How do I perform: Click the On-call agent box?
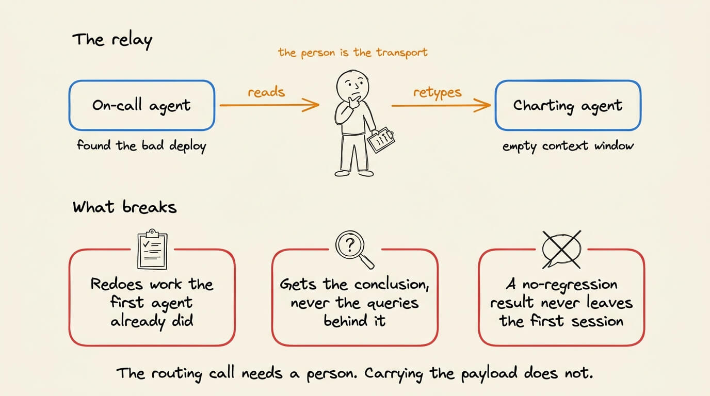(x=142, y=105)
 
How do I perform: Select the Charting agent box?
(x=568, y=105)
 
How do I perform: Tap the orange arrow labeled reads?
(x=269, y=105)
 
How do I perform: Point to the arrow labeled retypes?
(x=441, y=105)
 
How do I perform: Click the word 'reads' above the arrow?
(x=266, y=92)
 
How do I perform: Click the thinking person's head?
(x=353, y=86)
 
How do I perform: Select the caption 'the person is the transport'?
(x=353, y=53)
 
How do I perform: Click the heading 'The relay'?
(x=112, y=41)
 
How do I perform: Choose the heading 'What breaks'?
(x=124, y=207)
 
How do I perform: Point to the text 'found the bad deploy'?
(x=142, y=146)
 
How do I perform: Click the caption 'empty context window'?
(x=568, y=146)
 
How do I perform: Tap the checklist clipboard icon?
(x=152, y=250)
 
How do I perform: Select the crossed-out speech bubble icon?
(x=562, y=250)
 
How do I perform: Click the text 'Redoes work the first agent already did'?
(x=152, y=303)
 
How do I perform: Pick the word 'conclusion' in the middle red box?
(x=392, y=284)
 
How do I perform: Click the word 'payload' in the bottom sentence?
(x=489, y=374)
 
